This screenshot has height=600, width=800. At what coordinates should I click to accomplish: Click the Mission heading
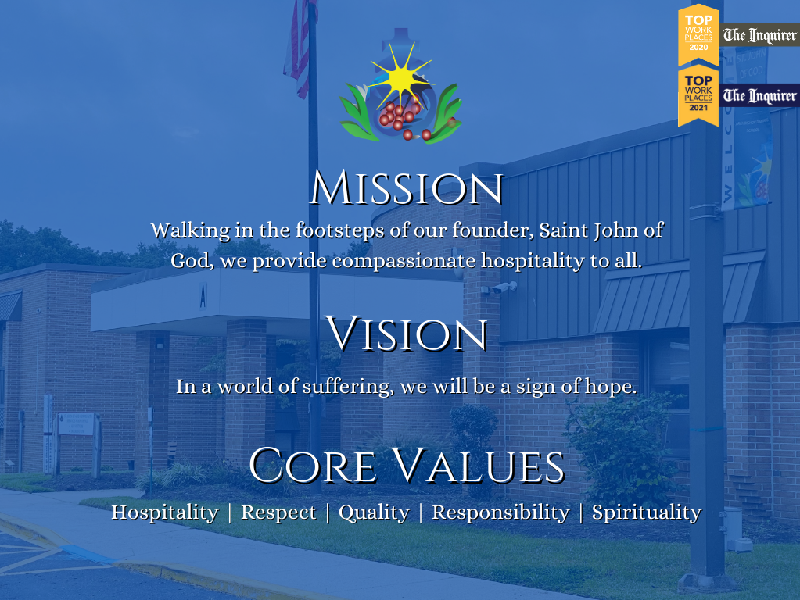[x=407, y=187]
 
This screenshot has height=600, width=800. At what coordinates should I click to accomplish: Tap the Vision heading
[x=407, y=334]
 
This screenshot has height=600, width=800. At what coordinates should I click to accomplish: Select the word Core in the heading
[x=313, y=465]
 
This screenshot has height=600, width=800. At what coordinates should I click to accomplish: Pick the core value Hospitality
[x=165, y=512]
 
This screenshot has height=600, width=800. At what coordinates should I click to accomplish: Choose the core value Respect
[x=278, y=512]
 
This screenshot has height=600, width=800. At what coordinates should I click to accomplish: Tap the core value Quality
[x=374, y=512]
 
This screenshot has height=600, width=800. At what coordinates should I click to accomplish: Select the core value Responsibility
[x=500, y=512]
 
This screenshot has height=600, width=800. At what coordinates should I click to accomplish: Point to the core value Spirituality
[x=647, y=512]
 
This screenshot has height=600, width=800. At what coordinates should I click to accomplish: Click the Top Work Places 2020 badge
[x=698, y=34]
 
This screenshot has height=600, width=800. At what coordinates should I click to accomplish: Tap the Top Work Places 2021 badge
[x=698, y=95]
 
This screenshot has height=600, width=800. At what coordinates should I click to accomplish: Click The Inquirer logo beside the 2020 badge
[x=759, y=35]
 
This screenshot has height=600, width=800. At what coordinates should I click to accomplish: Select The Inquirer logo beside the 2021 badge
[x=759, y=96]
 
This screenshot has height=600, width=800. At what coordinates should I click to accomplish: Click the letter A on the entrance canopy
[x=203, y=295]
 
